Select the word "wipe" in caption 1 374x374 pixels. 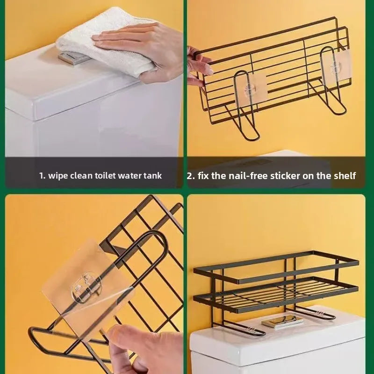point(59,176)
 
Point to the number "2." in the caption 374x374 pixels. point(191,176)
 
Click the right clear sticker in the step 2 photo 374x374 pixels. point(336,68)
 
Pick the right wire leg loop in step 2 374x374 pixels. point(332,89)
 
